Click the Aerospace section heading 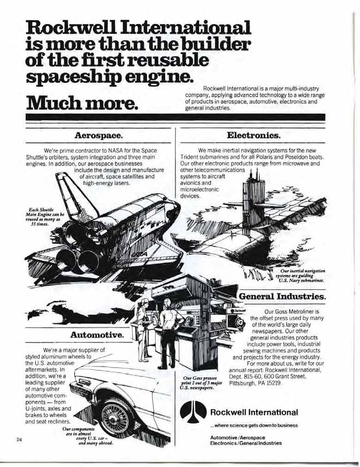(x=98, y=136)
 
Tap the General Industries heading (x=282, y=295)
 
